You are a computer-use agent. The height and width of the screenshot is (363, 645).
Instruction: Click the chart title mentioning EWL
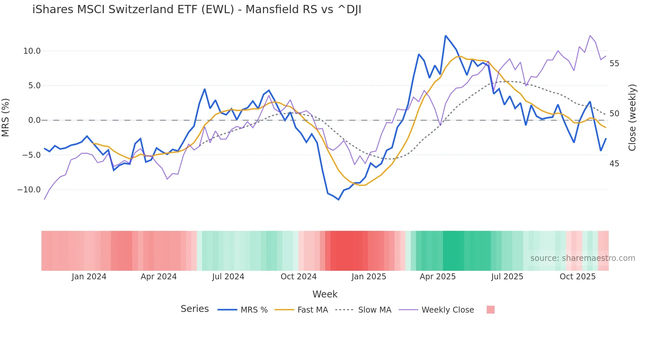point(197,10)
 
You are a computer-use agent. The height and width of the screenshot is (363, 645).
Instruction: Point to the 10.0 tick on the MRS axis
point(32,51)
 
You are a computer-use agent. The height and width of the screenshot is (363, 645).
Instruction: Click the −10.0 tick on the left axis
point(29,190)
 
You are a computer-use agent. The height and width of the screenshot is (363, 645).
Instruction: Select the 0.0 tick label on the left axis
point(35,120)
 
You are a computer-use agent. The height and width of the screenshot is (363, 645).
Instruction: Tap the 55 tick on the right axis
point(614,64)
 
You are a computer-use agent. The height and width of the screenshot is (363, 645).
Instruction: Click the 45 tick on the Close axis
point(614,164)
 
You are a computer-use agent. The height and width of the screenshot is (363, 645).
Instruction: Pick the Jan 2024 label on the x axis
point(89,277)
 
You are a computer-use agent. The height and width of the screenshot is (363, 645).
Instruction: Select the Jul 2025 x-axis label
point(507,277)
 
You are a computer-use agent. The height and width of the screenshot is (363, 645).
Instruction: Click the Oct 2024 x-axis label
point(298,277)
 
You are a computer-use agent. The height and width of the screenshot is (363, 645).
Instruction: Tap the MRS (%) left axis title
point(6,118)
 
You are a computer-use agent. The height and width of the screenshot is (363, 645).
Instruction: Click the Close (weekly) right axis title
point(632,118)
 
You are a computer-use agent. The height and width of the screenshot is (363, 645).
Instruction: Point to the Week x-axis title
point(325,294)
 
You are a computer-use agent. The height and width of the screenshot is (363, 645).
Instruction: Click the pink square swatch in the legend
point(490,310)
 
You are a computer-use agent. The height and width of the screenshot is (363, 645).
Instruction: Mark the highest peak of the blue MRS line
point(446,36)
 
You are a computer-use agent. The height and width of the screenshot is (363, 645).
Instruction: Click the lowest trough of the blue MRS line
point(338,200)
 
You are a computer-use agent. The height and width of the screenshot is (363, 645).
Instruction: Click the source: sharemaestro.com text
point(582,258)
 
